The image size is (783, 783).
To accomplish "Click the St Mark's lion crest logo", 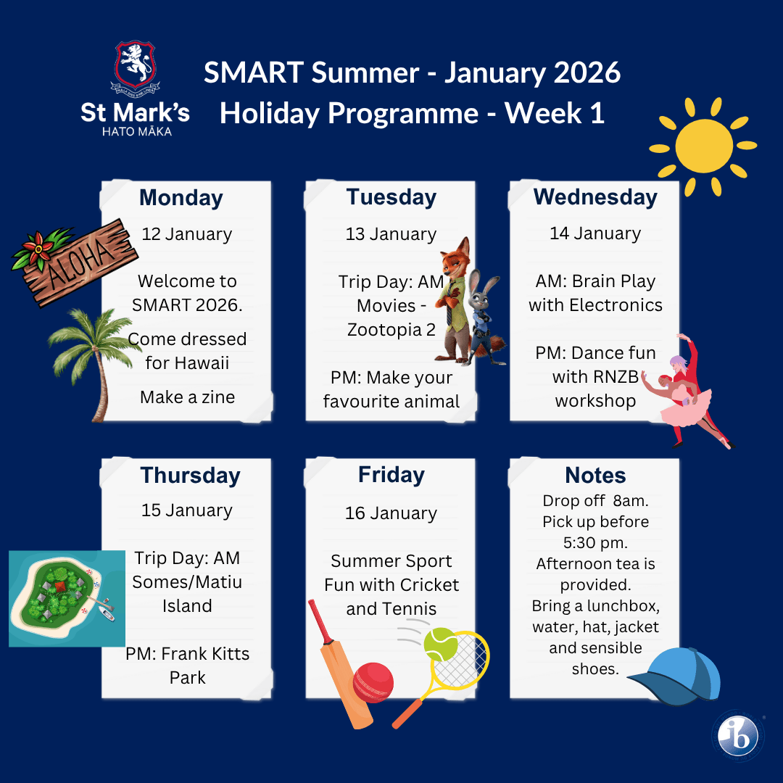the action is (136, 68).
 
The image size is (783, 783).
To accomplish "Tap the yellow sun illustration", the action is (703, 146).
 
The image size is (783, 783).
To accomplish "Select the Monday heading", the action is (181, 198).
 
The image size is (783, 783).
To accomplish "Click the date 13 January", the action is (391, 233).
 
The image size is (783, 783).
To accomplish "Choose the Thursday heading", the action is (190, 476).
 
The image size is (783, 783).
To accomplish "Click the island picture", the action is (67, 598).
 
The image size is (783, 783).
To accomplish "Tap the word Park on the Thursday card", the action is (187, 678).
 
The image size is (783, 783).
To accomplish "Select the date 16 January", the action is (391, 513).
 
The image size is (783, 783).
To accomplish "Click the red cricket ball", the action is (373, 682).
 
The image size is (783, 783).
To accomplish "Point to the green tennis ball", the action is (441, 645).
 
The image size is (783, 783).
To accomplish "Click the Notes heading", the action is (595, 476).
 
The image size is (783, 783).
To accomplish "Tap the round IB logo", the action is (737, 736).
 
